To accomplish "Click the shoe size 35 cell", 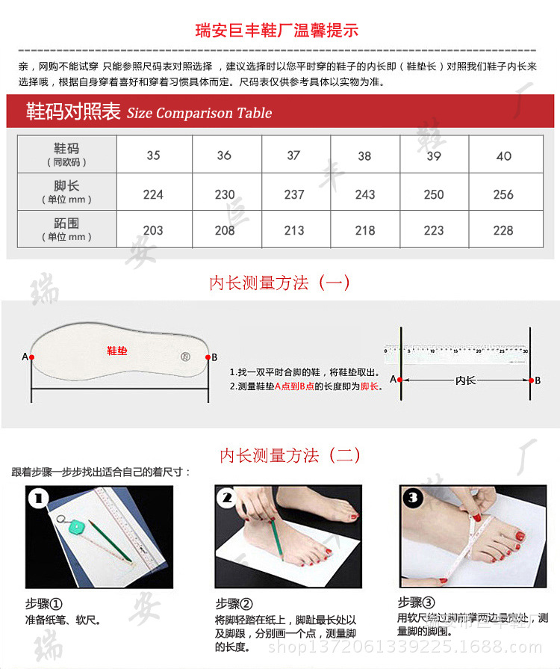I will point(153,155).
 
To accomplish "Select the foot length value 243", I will point(365,194).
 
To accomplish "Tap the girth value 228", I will point(503,230).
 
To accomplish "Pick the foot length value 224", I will point(153,194).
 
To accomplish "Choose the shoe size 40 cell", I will point(503,155).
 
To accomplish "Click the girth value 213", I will point(294,230).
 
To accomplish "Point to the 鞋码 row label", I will point(66,154).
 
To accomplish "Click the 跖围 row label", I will point(66,229).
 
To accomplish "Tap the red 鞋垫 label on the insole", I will point(117,350).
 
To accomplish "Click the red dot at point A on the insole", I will point(31,357).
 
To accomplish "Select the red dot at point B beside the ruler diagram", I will point(529,380).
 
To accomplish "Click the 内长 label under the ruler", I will point(465,380).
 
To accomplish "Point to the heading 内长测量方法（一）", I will point(279,283).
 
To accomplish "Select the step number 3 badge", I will point(413,499).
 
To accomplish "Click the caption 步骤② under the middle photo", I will point(234,604).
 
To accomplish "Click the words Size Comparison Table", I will point(199,114).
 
